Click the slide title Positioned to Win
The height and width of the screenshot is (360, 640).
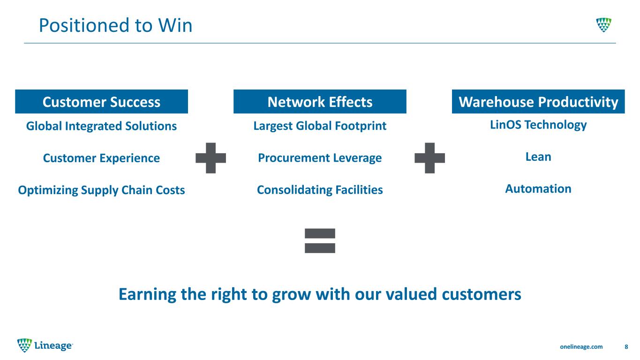115,25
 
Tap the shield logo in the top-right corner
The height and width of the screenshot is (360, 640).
603,24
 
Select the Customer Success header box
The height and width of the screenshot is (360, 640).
101,101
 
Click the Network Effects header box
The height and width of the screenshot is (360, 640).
320,101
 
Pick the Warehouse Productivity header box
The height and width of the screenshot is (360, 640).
538,101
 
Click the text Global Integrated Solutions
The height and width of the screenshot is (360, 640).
101,126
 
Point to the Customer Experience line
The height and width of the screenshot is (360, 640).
101,158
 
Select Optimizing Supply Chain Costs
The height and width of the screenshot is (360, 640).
101,190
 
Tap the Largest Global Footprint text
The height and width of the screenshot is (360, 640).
320,126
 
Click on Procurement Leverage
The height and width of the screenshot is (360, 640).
320,158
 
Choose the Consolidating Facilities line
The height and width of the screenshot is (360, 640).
320,190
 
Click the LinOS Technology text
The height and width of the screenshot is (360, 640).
538,125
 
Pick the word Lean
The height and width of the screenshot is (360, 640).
538,157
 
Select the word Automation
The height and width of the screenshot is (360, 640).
538,189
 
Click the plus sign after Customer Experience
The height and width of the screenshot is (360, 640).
211,158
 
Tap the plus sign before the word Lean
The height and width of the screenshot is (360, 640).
429,158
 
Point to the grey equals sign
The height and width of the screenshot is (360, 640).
320,240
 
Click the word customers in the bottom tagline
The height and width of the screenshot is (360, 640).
482,294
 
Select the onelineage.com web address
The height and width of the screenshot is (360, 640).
581,346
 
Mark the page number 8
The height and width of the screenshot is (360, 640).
626,346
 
